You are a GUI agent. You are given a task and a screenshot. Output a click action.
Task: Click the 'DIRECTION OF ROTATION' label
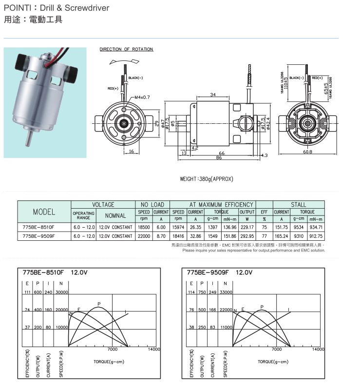point(126,49)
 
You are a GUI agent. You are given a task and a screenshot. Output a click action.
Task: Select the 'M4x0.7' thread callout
point(142,97)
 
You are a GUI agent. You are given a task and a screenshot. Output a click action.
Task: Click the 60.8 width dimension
point(307,152)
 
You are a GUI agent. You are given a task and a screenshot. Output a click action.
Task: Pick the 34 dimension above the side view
point(213,94)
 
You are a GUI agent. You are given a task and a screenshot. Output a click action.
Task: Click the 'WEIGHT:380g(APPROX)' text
point(207,179)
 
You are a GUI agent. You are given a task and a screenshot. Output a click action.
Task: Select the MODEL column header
point(44,212)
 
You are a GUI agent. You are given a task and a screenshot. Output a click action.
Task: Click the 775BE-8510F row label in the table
point(39,227)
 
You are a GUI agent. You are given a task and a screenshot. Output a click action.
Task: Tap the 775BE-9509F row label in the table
point(39,236)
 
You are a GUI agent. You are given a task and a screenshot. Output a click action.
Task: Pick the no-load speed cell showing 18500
point(144,227)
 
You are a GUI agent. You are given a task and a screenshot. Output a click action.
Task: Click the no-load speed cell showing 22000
point(144,236)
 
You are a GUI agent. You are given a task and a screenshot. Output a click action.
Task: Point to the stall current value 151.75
point(282,227)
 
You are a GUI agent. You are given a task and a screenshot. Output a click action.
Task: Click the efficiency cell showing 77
point(264,236)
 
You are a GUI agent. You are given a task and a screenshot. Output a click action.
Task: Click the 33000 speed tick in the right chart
point(225,292)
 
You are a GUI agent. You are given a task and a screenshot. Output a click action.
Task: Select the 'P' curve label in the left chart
point(99,304)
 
